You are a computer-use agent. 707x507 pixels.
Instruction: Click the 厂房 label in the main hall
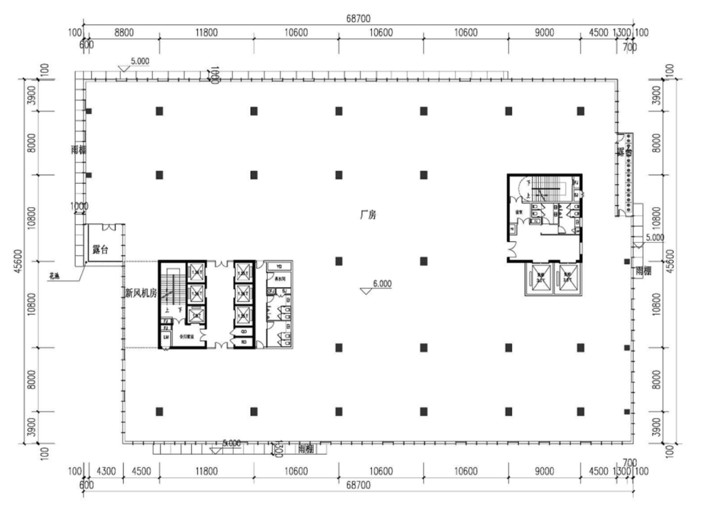[368, 216]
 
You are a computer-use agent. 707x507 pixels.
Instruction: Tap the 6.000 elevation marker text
[382, 283]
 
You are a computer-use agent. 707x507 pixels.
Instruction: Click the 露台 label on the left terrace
[100, 250]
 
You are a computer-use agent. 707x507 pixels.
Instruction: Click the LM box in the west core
[166, 337]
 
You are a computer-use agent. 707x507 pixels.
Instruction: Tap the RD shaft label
[244, 342]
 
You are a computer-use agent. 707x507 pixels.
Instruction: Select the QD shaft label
[244, 332]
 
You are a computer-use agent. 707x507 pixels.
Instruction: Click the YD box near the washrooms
[279, 266]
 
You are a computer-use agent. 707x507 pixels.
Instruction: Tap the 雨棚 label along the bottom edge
[306, 449]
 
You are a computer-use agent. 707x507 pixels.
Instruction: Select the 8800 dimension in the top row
[123, 33]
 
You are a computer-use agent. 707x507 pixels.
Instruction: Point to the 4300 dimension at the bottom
[106, 472]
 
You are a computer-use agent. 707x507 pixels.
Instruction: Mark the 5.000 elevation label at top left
[140, 61]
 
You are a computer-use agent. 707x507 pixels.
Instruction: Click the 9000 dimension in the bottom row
[544, 472]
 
